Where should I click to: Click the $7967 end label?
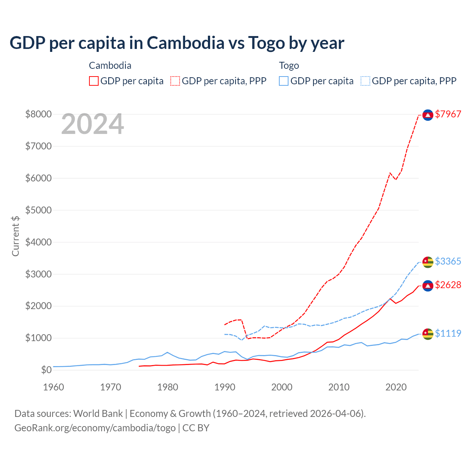(448, 114)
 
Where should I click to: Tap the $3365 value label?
(448, 261)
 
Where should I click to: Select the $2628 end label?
(448, 285)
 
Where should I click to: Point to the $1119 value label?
(448, 333)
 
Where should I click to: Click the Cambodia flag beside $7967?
(428, 115)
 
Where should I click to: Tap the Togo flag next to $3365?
(428, 262)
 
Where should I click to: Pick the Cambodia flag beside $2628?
(428, 286)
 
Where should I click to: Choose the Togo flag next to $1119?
(428, 334)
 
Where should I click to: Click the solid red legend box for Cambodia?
(94, 81)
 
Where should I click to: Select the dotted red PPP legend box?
(176, 81)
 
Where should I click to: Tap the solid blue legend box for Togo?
(284, 81)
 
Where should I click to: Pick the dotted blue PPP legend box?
(365, 81)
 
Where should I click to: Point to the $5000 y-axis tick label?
(38, 210)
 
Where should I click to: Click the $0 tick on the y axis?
(46, 370)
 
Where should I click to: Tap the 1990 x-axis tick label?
(225, 387)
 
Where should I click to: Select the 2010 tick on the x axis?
(339, 387)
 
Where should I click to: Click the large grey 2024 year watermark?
(92, 124)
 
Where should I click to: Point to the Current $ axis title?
(15, 236)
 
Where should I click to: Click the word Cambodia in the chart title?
(185, 43)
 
